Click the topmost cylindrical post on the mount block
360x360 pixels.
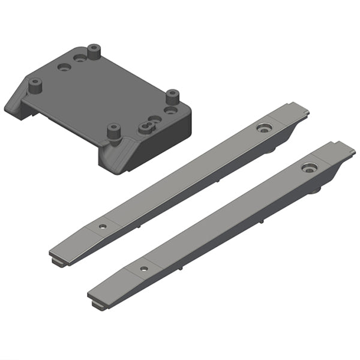tap(94, 52)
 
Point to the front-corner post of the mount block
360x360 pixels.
tap(113, 132)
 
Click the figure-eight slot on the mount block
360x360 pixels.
tap(147, 126)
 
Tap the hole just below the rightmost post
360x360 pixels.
tap(172, 111)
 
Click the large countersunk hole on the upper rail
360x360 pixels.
tap(263, 128)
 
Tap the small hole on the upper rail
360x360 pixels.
tap(103, 227)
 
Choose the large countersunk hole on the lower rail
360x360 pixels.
tap(310, 167)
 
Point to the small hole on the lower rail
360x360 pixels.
tap(143, 268)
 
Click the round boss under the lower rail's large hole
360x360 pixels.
tap(316, 191)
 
